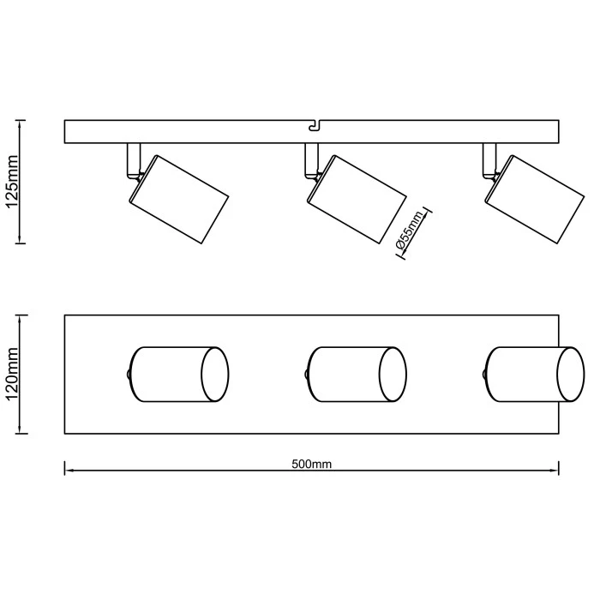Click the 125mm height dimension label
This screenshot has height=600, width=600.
pos(13,181)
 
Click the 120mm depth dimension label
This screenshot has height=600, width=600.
pos(13,375)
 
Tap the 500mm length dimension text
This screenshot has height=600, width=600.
pos(311,464)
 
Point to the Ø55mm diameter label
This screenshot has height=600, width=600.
pos(410,232)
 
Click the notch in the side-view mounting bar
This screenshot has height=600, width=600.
pos(314,127)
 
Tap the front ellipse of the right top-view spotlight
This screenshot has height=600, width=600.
pos(571,375)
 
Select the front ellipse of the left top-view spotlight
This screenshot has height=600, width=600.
pos(215,375)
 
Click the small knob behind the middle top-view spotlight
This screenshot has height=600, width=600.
pos(307,375)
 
